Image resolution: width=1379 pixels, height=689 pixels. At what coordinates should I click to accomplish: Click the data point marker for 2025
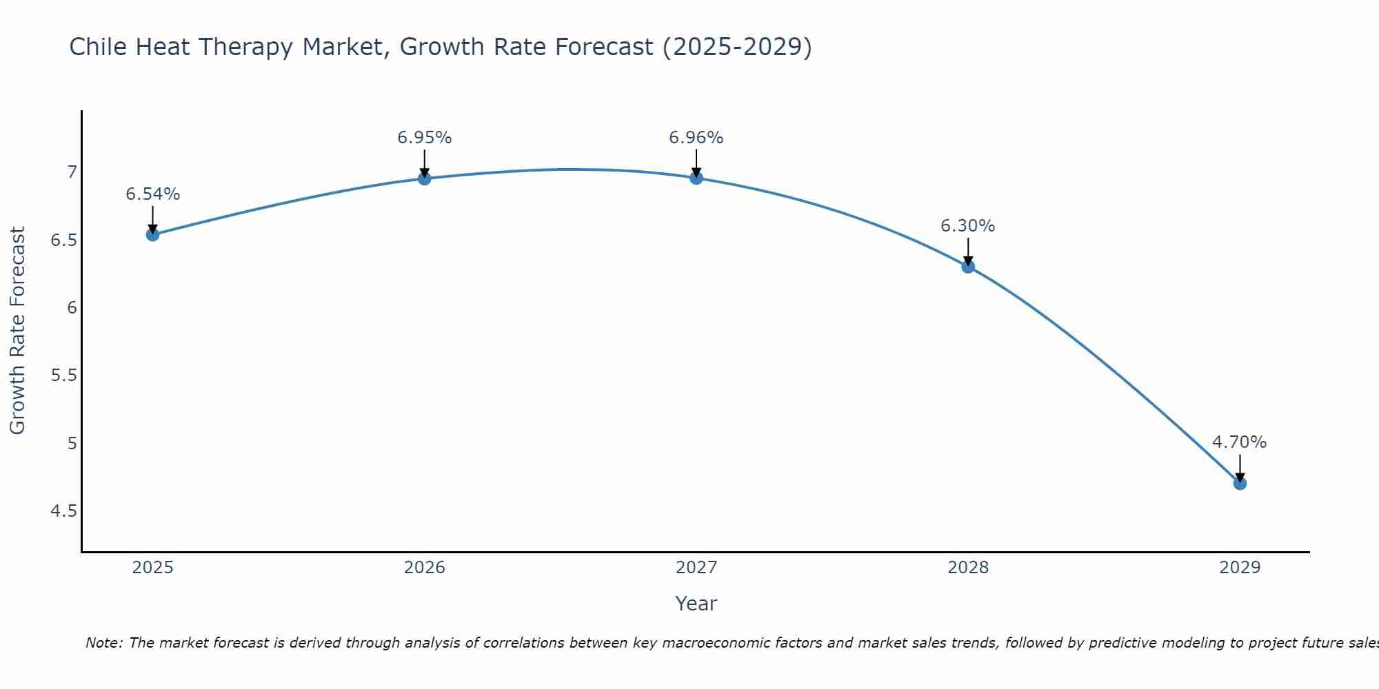tap(153, 234)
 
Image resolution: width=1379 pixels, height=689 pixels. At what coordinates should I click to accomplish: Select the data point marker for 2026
tap(425, 178)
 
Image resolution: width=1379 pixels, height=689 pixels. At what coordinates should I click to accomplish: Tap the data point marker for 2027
tap(696, 178)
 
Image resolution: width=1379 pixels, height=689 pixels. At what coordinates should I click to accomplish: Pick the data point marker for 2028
tap(968, 267)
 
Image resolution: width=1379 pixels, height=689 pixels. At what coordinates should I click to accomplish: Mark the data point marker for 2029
tap(1240, 484)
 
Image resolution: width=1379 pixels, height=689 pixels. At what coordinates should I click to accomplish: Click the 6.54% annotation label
tap(153, 194)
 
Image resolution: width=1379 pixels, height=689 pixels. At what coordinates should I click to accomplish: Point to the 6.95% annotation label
tap(425, 138)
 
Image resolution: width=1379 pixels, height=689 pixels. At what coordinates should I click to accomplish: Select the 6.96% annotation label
tap(696, 138)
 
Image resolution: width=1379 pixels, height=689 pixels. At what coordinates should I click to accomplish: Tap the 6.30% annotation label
tap(968, 226)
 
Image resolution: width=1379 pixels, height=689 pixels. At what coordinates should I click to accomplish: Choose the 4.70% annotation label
tap(1240, 442)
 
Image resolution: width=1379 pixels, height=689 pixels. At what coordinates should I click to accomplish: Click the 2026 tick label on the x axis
tap(425, 568)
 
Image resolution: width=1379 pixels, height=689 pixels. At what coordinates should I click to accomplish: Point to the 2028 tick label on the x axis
tap(968, 568)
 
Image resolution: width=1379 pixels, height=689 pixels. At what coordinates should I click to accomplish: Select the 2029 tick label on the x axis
tap(1240, 568)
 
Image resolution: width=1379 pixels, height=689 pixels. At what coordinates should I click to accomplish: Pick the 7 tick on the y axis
tap(72, 172)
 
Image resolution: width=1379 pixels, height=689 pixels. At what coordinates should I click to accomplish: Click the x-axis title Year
tap(696, 604)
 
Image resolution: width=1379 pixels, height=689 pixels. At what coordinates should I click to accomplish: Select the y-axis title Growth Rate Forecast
tap(18, 331)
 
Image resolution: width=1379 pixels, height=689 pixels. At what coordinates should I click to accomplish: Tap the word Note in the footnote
tap(103, 643)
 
